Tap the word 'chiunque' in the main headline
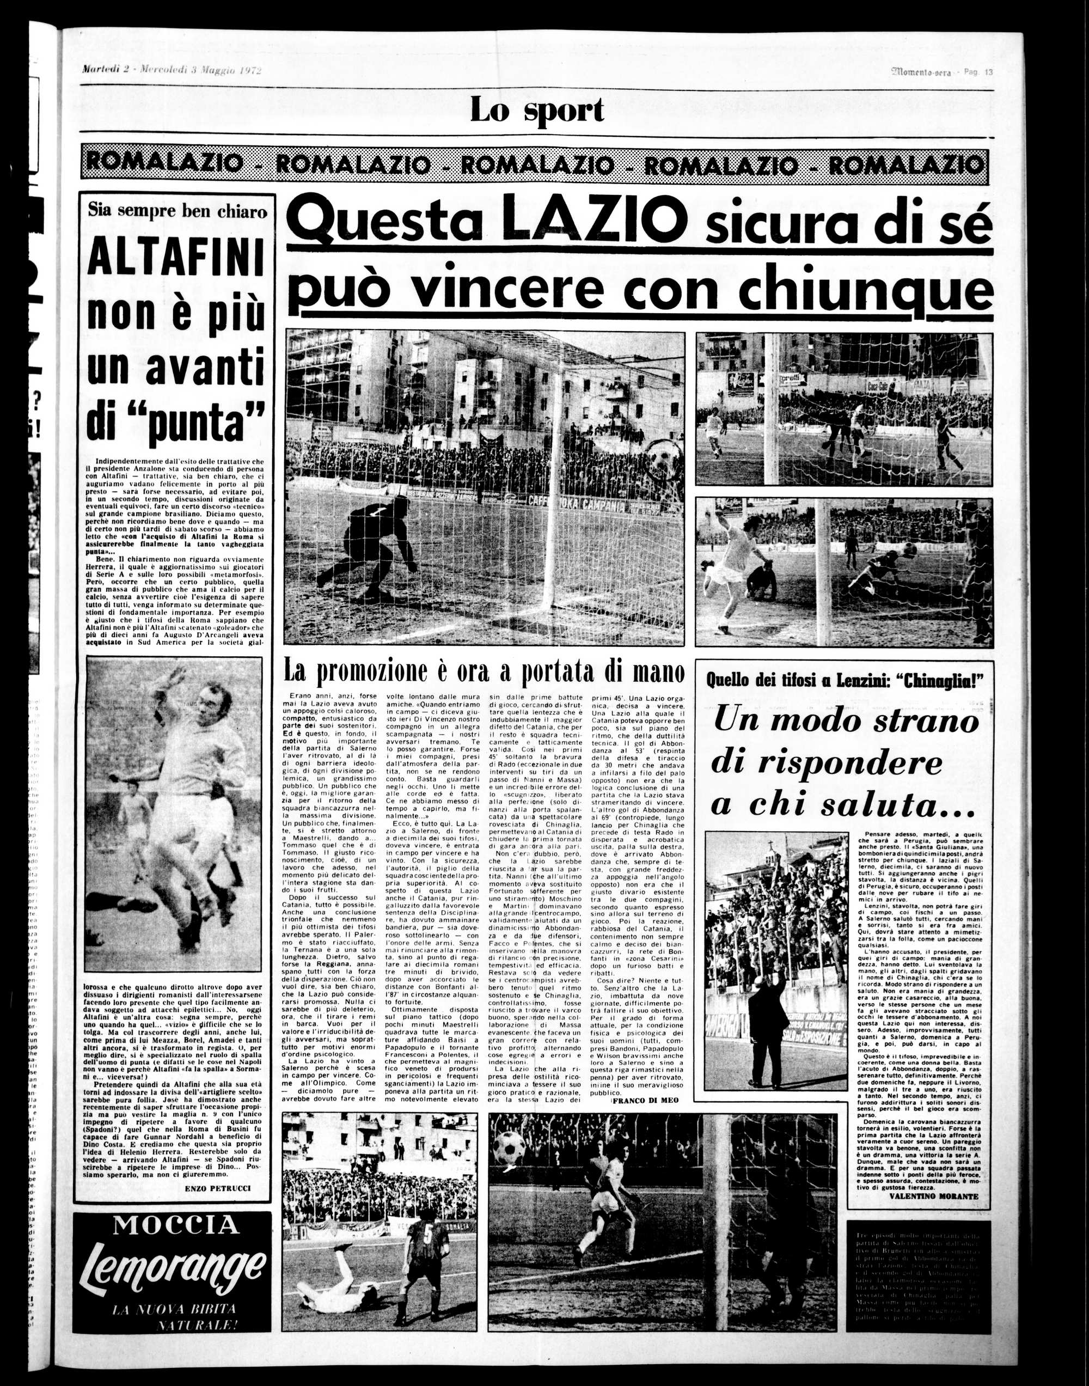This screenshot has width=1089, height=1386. click(866, 290)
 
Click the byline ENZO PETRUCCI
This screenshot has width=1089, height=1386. click(217, 1188)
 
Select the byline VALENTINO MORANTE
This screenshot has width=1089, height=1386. click(933, 1196)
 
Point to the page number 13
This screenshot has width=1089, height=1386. click(988, 72)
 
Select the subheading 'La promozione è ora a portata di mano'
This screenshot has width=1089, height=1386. click(484, 671)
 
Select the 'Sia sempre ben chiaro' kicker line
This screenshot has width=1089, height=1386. click(178, 211)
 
